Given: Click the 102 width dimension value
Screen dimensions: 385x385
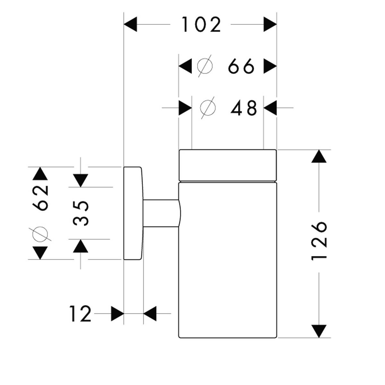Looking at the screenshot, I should (x=201, y=25).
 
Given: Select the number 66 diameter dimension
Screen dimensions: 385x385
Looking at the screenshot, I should (x=241, y=67).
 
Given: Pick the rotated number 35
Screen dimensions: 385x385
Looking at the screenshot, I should (x=81, y=213).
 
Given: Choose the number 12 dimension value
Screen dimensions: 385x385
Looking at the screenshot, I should (x=80, y=313).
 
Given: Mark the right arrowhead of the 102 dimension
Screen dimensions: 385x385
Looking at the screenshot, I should (x=270, y=25).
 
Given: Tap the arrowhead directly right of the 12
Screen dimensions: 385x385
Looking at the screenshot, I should (x=118, y=313).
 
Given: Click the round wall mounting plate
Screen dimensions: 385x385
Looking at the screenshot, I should (x=132, y=213).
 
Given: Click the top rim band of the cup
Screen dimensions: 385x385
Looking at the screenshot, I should (x=227, y=165).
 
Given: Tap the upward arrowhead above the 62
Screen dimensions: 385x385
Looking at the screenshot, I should (x=40, y=174).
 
